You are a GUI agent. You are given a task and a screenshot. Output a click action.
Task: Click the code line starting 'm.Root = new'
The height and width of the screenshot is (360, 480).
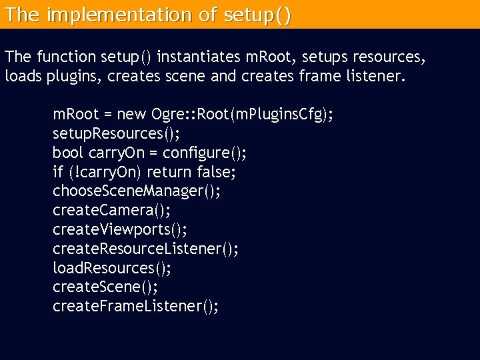193,115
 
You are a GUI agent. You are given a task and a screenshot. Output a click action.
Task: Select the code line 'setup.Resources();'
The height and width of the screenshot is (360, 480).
116,134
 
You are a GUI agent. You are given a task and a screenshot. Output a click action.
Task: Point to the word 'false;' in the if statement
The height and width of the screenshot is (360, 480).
217,172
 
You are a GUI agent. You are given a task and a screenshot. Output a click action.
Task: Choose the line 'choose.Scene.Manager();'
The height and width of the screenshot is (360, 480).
137,191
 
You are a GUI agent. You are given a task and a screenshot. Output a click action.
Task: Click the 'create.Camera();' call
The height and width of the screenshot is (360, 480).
111,211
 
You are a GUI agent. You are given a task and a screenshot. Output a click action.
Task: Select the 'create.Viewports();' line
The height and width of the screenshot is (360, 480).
119,230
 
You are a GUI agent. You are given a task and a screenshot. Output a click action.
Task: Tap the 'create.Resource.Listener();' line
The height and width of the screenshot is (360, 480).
145,249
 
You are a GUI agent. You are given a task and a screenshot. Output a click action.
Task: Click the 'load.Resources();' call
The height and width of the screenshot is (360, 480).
111,268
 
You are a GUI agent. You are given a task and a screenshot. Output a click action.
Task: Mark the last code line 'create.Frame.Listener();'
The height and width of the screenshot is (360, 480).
135,307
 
